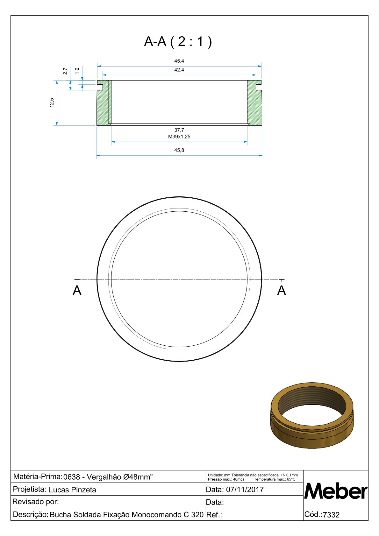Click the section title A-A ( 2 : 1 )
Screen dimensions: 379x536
pyautogui.click(x=178, y=42)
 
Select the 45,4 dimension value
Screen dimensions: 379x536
pyautogui.click(x=179, y=61)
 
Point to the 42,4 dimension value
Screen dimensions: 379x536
pyautogui.click(x=179, y=70)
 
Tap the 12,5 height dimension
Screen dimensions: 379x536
pyautogui.click(x=52, y=103)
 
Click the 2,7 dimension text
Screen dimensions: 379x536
pyautogui.click(x=65, y=71)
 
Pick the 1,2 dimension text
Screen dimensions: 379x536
pyautogui.click(x=77, y=71)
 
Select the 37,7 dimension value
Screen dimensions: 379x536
pyautogui.click(x=179, y=130)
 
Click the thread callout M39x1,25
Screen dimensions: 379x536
pyautogui.click(x=179, y=137)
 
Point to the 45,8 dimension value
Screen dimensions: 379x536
pyautogui.click(x=179, y=150)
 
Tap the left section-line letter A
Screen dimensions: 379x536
pyautogui.click(x=77, y=291)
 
